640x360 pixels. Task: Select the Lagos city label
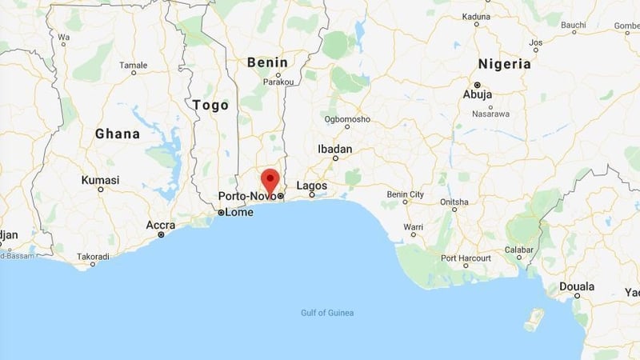tap(312, 186)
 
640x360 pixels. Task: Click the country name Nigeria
tap(504, 64)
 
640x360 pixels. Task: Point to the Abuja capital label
tap(478, 94)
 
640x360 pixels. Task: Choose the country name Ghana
tap(118, 134)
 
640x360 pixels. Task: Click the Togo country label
tap(210, 105)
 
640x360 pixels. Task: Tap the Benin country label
tap(267, 62)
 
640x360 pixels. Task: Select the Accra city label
tap(161, 225)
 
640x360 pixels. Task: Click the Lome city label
tap(239, 212)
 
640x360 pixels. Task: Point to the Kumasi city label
tap(100, 181)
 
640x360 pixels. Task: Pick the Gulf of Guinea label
tap(327, 313)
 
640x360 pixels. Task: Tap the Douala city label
tap(577, 286)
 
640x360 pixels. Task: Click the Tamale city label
tap(133, 65)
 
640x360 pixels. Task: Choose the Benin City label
tap(406, 194)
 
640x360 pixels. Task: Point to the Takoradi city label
tap(93, 257)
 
